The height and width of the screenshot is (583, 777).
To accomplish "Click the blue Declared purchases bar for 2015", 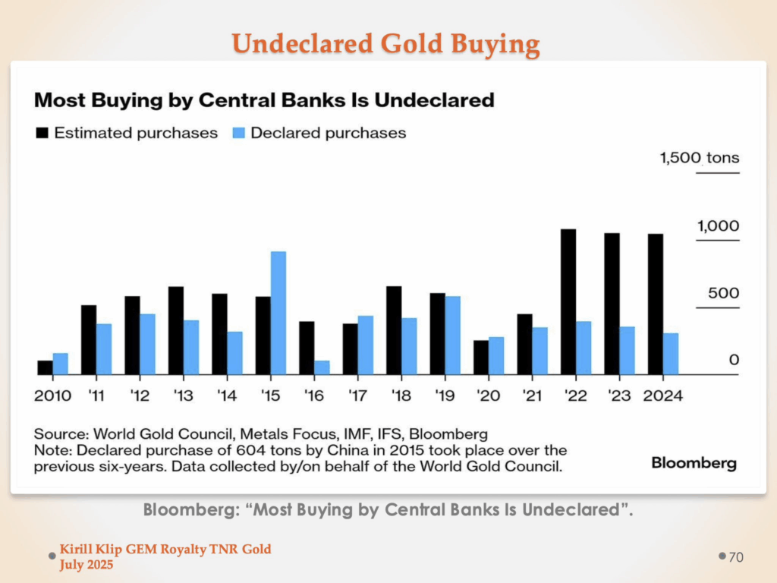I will [278, 312].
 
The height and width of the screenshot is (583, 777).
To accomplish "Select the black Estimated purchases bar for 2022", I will [568, 301].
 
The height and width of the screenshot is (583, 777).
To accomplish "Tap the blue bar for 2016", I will [322, 367].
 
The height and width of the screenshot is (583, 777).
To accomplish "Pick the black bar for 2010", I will [46, 367].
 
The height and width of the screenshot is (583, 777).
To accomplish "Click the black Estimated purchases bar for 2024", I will [656, 304].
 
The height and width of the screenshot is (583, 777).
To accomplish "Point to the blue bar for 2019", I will [453, 335].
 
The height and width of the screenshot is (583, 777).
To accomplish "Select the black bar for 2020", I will [480, 357].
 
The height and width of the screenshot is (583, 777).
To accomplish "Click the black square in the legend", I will [42, 133].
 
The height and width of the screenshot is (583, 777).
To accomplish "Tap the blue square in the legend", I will [238, 133].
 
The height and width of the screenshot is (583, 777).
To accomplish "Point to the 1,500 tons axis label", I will [699, 159].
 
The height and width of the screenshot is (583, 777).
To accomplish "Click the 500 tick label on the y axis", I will [723, 294].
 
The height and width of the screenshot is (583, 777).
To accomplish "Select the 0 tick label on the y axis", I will [734, 360].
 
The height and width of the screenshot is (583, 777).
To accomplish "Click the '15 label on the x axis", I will [271, 395].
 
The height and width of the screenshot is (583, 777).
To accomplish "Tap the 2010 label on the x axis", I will [53, 395].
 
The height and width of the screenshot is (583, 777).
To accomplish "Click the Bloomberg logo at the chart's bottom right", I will [694, 462].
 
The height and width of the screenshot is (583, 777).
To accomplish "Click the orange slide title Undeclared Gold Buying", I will [386, 44].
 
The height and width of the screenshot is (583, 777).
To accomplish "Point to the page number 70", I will [736, 558].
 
